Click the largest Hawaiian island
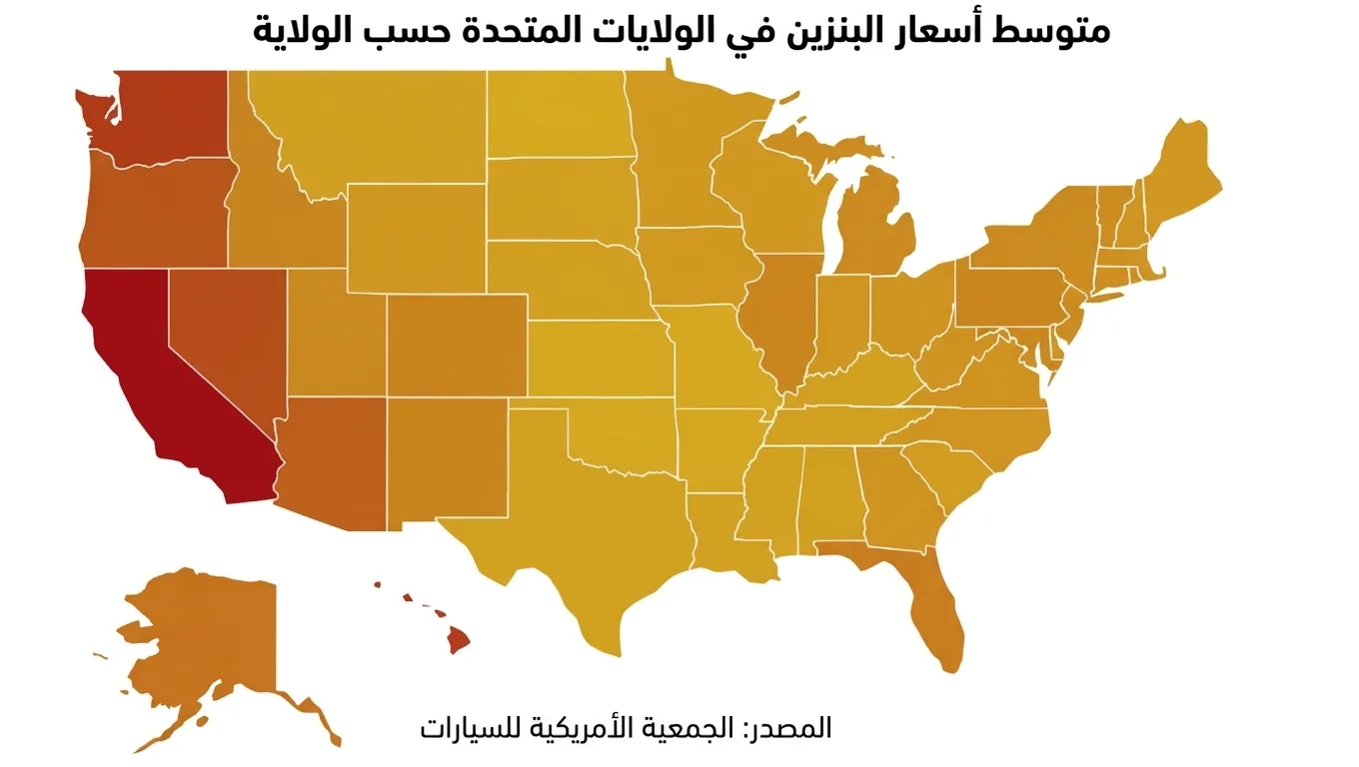point(459,639)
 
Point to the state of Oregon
point(150,210)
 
